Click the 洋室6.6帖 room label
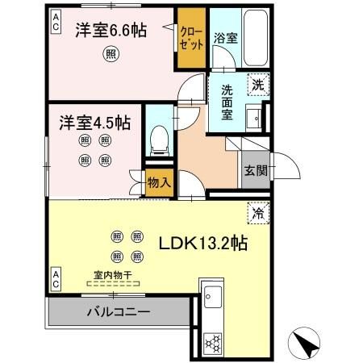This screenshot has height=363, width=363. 111,31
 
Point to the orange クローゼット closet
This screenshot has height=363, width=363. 191,38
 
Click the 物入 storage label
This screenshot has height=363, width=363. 159,182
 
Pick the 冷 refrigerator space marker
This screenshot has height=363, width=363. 258,215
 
